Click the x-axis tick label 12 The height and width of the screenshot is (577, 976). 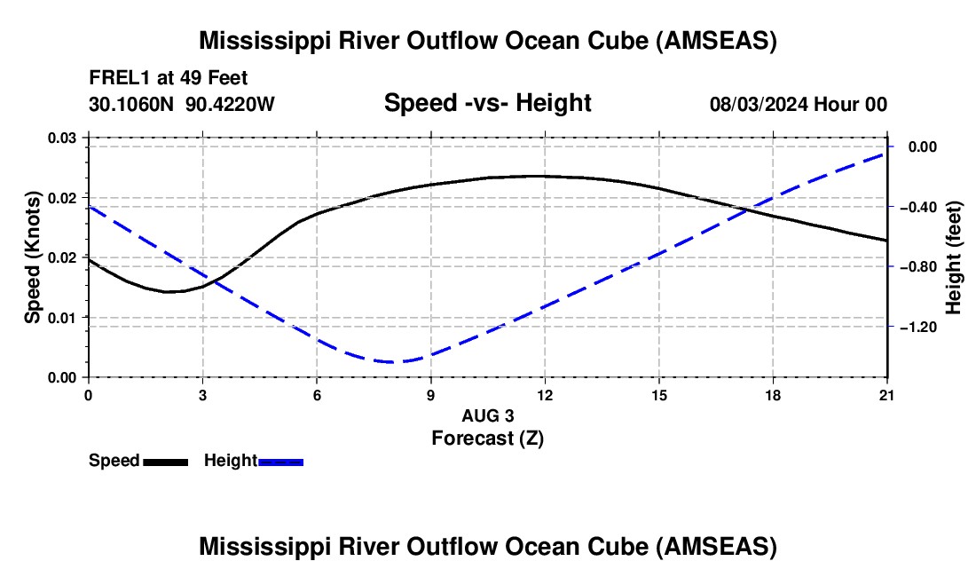pos(545,395)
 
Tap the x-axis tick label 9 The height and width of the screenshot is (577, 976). pos(430,395)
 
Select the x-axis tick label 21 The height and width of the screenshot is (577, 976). pos(887,395)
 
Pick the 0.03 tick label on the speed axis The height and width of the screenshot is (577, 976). pos(63,138)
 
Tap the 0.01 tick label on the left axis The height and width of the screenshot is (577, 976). pos(63,317)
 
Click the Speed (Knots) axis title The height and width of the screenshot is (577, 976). pos(33,257)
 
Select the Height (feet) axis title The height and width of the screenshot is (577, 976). pos(954,257)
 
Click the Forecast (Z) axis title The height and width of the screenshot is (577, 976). pos(487,438)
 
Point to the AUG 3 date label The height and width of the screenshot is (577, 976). pos(487,415)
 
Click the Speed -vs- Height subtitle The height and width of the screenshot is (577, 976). pos(487,103)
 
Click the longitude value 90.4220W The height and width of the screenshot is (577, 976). pos(230,104)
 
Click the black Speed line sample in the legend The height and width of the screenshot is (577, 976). pos(165,462)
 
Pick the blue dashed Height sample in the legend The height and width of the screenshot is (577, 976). pos(281,462)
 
